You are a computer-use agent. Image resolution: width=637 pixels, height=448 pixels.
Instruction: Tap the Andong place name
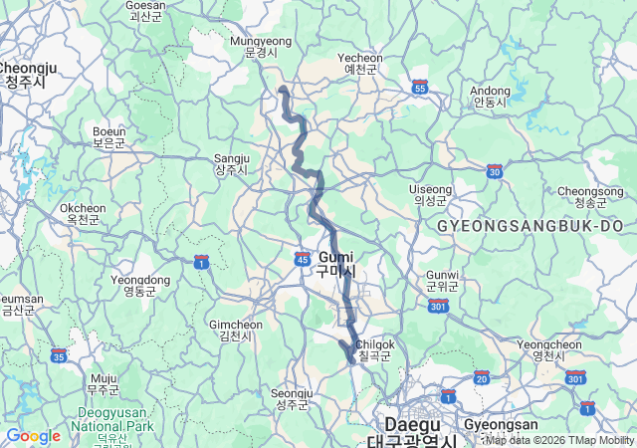point(490,97)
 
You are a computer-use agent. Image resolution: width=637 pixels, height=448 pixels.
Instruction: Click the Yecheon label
point(359,64)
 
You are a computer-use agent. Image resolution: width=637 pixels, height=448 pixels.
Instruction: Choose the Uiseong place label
point(431,194)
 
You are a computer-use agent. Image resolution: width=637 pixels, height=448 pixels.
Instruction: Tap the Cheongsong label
point(590,196)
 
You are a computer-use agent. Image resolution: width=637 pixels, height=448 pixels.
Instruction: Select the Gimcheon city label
point(236,331)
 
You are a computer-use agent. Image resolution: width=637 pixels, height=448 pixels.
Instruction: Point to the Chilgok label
point(375,349)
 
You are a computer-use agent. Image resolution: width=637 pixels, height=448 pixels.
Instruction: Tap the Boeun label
point(109,136)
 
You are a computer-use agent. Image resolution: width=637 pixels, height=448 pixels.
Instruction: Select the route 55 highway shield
point(420,89)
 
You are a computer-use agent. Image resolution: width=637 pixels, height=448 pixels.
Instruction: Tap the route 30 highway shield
point(495,171)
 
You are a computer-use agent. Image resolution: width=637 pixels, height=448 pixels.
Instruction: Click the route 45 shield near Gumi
point(303,258)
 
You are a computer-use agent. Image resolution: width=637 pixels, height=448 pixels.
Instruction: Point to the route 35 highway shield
point(59,355)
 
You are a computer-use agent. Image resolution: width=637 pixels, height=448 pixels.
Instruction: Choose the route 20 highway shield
point(482,377)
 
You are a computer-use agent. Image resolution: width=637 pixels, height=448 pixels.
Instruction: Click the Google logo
point(33,435)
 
